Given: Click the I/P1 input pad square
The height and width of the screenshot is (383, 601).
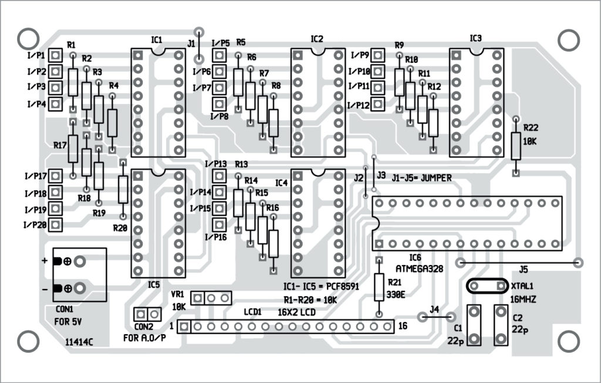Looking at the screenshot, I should coord(56,55).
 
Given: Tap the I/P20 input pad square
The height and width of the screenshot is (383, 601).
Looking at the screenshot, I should coord(56,224).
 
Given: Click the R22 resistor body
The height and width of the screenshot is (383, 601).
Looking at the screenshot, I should coord(516,146).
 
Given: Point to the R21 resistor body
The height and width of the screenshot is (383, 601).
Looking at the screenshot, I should coord(379,287).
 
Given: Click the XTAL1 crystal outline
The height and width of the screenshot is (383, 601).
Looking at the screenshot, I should coord(487,285).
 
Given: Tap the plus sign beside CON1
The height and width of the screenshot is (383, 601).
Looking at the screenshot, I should coord(45,262).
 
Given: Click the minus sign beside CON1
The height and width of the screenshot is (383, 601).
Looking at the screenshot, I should coord(45,288).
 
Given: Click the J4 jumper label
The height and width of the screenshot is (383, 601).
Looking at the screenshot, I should coord(434,309).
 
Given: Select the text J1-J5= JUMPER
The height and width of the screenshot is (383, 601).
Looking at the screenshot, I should coord(423,179).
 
